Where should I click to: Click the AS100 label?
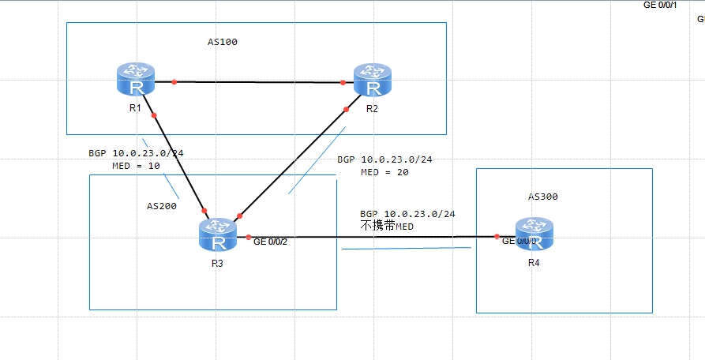click(x=217, y=43)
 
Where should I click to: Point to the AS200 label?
click(x=162, y=205)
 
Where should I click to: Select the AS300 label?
click(x=548, y=197)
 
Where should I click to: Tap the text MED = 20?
click(x=384, y=172)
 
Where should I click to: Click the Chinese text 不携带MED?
click(x=387, y=226)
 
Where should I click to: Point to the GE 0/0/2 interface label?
click(x=270, y=242)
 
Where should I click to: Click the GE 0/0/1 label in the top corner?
click(x=660, y=6)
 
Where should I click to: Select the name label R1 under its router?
click(x=135, y=108)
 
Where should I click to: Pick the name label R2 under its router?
click(x=372, y=108)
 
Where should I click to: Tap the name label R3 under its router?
click(x=216, y=263)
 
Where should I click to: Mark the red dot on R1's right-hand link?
click(x=174, y=81)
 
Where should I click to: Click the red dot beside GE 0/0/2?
click(x=248, y=238)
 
